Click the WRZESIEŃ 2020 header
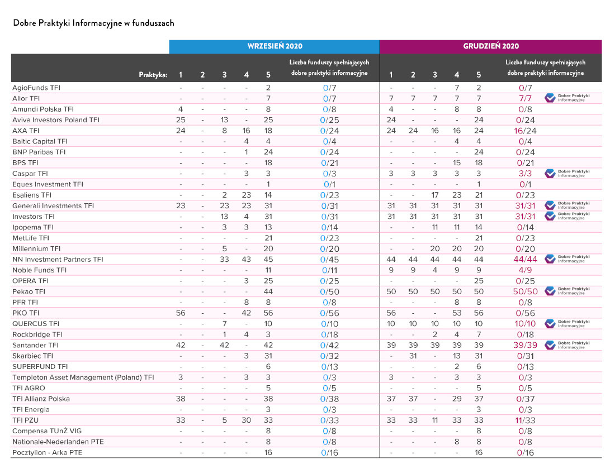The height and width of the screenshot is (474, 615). point(275,46)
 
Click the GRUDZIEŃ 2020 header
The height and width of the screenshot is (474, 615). point(490,46)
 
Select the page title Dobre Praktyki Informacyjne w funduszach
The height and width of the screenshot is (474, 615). point(93,23)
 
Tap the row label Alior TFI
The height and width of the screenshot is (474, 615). point(26,98)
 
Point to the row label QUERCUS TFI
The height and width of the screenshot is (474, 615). point(36,323)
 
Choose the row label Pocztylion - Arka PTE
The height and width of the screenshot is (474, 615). point(47,452)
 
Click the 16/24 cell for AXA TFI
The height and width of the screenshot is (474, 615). point(525,131)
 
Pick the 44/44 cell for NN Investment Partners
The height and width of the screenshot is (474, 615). point(525,259)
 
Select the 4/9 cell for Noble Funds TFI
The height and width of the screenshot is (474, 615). point(525,270)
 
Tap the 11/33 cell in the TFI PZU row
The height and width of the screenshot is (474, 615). point(525,420)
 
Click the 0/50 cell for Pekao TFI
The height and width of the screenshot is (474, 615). point(329,291)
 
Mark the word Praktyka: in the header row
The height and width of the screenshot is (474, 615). point(153,75)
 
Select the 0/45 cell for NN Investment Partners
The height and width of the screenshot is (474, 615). point(329,259)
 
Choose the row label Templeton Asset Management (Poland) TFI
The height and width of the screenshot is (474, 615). point(83,377)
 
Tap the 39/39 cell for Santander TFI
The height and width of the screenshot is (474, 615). point(525,345)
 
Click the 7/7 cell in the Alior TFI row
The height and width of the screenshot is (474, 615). point(525,98)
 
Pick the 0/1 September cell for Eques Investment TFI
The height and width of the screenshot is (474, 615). point(329,184)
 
